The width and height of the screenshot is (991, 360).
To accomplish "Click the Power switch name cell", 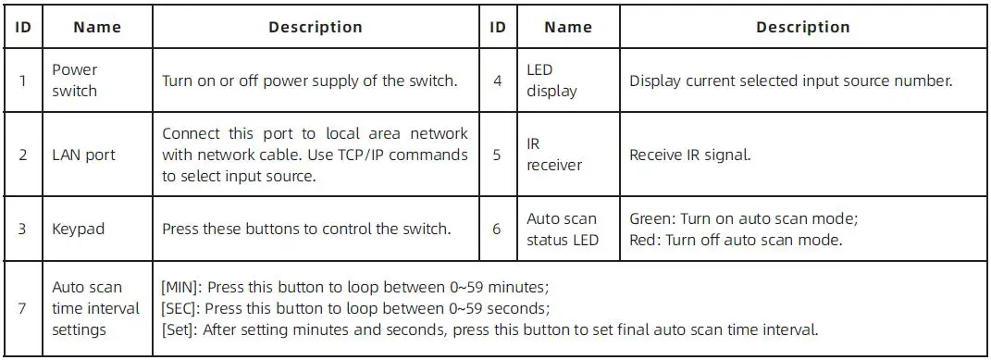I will [74, 81].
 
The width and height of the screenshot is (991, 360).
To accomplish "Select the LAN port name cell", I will [83, 155].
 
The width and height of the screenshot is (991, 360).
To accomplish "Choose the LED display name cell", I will [551, 81].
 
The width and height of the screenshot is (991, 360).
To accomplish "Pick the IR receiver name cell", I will [554, 155].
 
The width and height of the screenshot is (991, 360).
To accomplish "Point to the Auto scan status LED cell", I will [563, 229].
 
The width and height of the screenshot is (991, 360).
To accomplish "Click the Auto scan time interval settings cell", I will [95, 309].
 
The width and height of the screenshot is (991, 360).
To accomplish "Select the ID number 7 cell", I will [22, 309].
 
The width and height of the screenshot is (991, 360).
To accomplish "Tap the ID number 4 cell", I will [498, 81].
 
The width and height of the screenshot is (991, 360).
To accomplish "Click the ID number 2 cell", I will [22, 155].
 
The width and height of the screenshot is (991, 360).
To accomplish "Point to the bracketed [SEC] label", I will [178, 308].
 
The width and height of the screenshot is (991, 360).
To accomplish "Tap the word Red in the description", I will [643, 240].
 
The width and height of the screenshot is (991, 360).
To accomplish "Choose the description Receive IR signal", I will [689, 155].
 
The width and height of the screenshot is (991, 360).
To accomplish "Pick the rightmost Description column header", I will [802, 28].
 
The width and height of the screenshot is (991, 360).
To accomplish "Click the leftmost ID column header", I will [23, 28].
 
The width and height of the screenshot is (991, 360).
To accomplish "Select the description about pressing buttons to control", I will [306, 229].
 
